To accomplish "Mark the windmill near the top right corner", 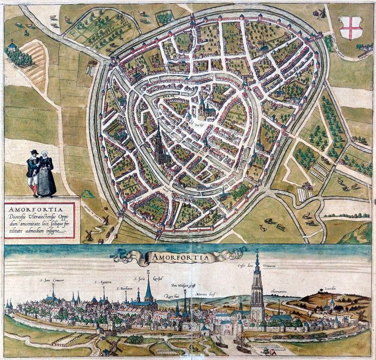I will pyautogui.click(x=323, y=12).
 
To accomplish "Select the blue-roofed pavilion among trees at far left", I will pyautogui.click(x=11, y=48).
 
